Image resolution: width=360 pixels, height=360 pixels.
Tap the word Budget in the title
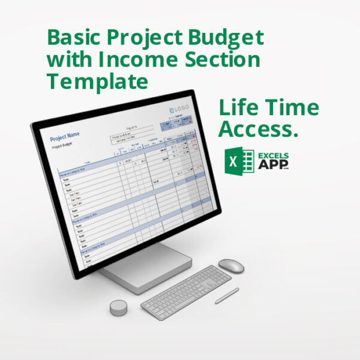[x=229, y=38]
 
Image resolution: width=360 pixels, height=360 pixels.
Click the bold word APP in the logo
[x=271, y=166]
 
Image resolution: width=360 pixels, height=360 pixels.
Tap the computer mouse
[x=231, y=265]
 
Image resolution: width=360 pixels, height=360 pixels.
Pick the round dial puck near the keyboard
[x=118, y=308]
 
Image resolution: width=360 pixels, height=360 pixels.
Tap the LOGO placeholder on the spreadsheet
[x=180, y=109]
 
